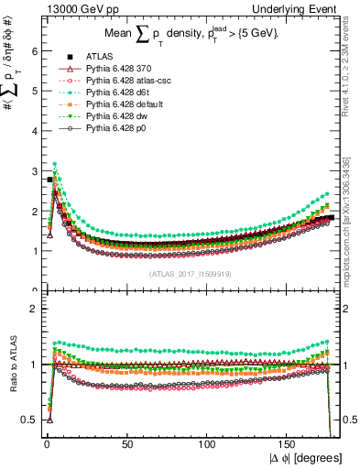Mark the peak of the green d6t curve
click(x=56, y=164)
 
